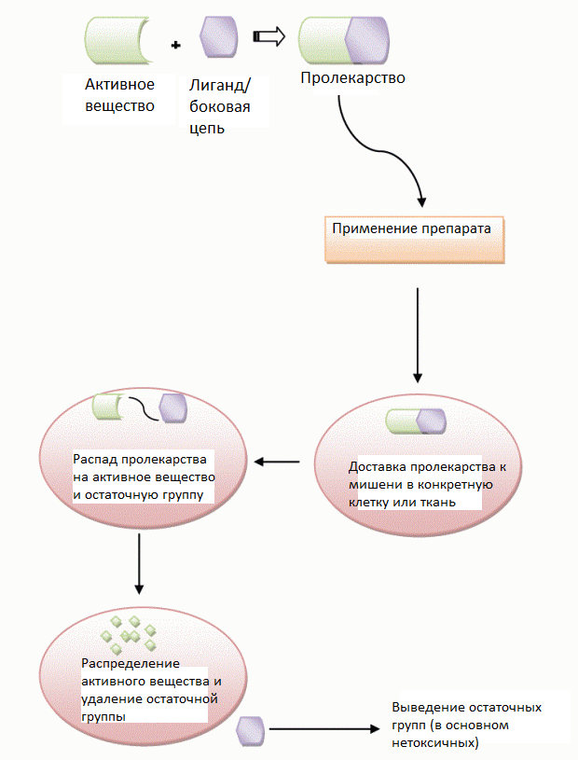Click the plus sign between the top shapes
[175, 45]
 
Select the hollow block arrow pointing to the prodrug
[269, 36]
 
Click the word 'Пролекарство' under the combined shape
[352, 78]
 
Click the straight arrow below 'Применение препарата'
[418, 335]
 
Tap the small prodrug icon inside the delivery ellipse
[415, 421]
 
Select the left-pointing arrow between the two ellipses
[279, 462]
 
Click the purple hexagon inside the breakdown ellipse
[173, 408]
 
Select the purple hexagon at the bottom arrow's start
[252, 730]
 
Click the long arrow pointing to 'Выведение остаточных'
[326, 730]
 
